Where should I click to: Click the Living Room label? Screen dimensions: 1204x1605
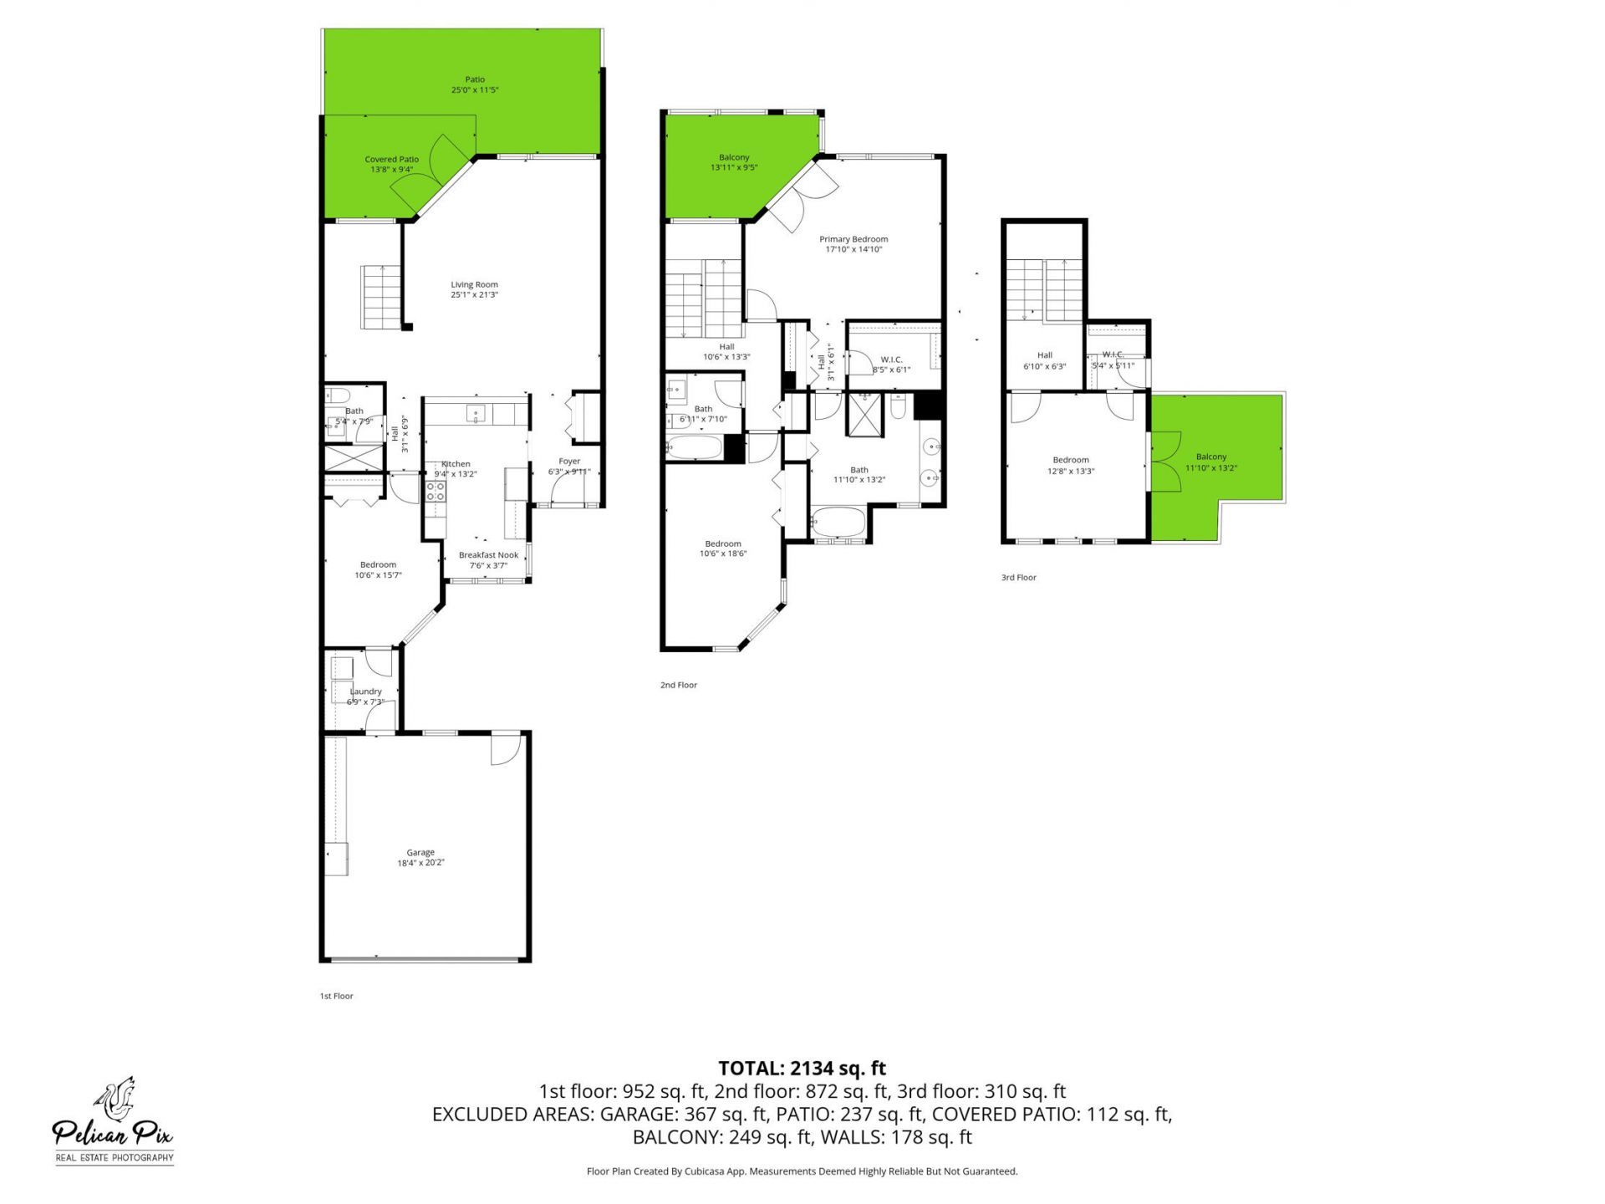tap(474, 284)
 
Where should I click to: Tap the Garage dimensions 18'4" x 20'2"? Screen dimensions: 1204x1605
tap(420, 863)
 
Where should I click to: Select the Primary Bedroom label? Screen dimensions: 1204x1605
tap(853, 239)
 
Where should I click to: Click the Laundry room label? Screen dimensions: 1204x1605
tap(365, 691)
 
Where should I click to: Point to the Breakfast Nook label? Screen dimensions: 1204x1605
tap(488, 555)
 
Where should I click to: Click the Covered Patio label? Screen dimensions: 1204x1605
tap(391, 160)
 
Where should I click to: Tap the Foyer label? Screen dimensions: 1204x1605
tap(569, 462)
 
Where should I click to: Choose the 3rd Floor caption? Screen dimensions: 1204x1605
tap(1018, 578)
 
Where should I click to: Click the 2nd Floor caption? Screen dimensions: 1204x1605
tap(678, 686)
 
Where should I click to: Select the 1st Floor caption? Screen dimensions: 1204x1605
tap(336, 997)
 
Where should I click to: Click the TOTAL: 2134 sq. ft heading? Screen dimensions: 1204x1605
tap(802, 1068)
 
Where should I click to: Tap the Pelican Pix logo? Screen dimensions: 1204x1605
tap(115, 1121)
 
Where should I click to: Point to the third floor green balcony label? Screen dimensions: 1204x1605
tap(1210, 457)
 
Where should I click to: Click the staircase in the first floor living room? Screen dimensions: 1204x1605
tap(381, 297)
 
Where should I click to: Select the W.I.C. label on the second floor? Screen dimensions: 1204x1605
tap(891, 360)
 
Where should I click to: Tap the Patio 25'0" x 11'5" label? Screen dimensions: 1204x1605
tap(475, 79)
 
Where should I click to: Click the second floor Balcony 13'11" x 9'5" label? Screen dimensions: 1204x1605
tap(734, 157)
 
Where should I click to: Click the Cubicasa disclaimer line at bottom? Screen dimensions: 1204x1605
tap(802, 1171)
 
